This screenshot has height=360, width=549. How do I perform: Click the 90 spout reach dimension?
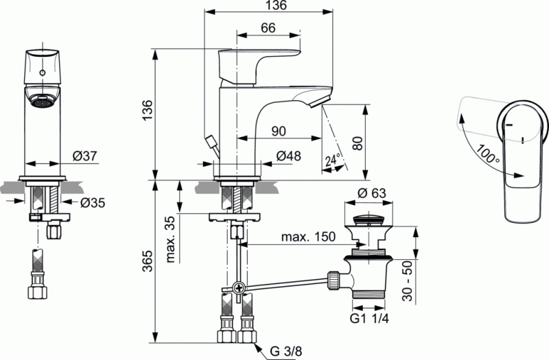(279, 130)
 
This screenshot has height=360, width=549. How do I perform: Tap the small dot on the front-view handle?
(43, 70)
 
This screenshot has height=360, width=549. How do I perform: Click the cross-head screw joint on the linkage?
(237, 289)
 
